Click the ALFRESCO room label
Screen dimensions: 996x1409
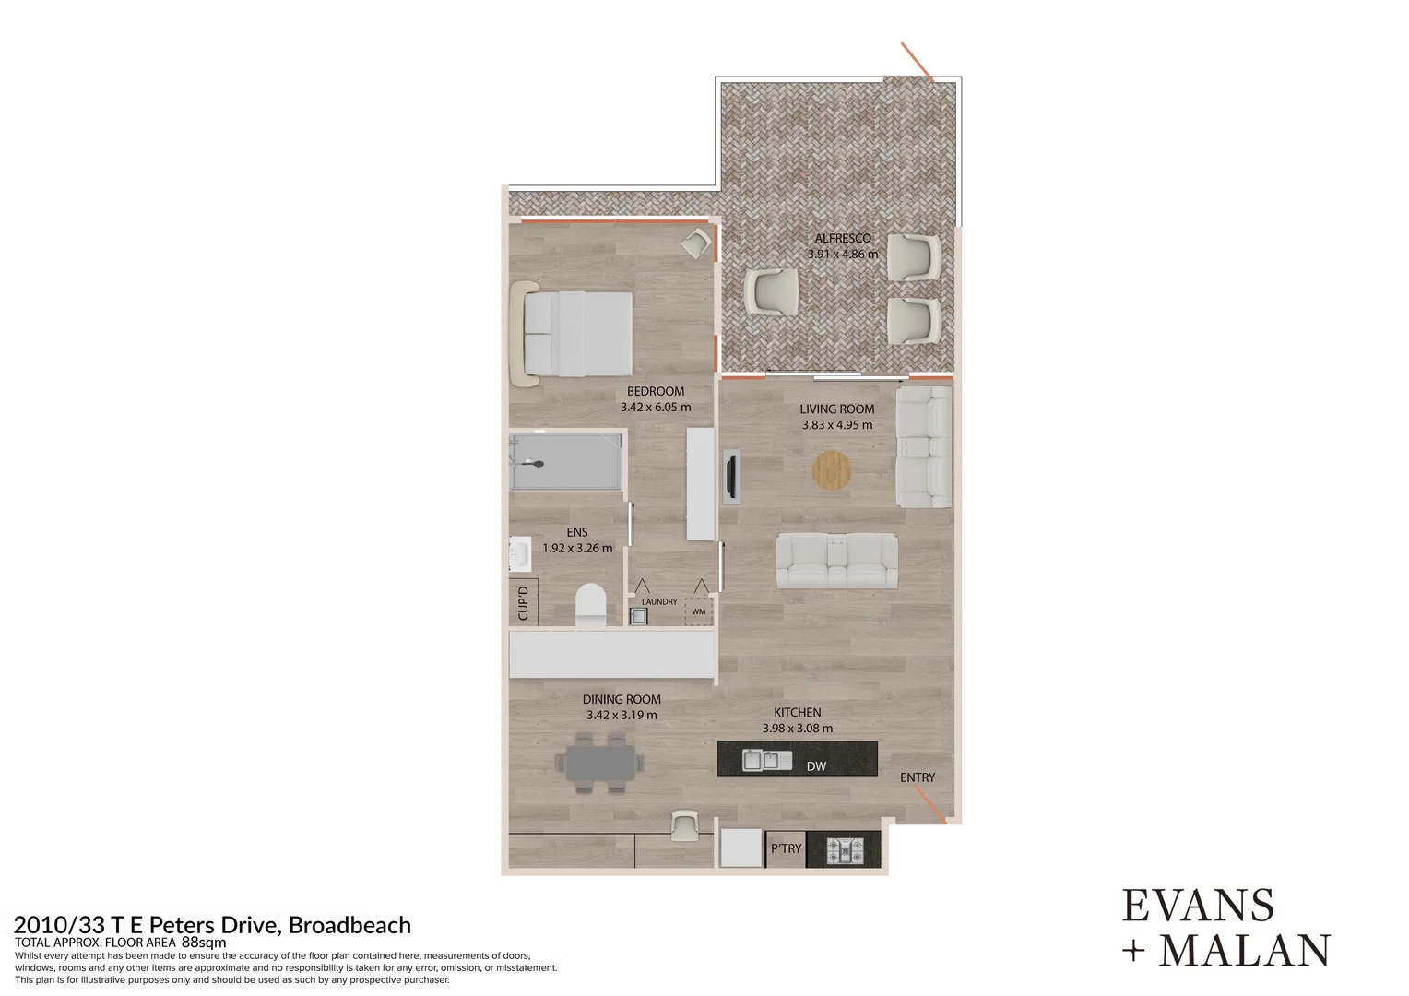(842, 238)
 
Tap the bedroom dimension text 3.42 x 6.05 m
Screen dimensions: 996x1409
(655, 407)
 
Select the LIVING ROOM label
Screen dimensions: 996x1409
(836, 409)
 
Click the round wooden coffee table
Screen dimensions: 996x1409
(832, 470)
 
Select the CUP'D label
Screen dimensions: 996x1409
(523, 603)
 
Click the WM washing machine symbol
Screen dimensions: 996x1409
(698, 611)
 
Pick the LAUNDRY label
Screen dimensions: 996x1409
(659, 601)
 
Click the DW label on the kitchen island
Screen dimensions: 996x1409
(815, 766)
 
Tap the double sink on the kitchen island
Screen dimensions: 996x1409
(766, 761)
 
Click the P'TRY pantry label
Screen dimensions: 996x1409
(786, 848)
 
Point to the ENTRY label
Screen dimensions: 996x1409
(918, 777)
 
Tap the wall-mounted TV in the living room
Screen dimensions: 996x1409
(730, 477)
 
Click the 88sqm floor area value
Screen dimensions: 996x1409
(204, 943)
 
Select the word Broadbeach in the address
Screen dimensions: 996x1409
(349, 924)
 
